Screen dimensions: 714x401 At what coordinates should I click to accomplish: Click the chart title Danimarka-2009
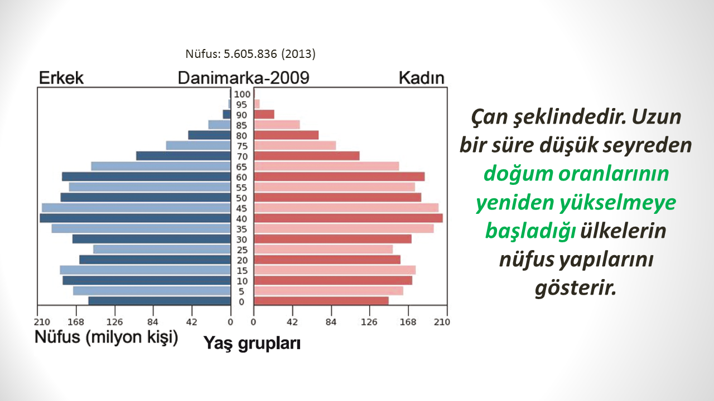click(x=244, y=77)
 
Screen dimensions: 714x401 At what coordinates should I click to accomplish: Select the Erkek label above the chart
click(x=61, y=77)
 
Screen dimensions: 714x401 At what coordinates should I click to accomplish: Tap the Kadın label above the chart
click(x=421, y=77)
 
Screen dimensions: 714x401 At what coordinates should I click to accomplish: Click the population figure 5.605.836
click(x=250, y=54)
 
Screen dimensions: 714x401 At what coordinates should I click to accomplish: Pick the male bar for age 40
click(x=135, y=218)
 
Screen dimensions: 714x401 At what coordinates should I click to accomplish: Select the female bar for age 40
click(x=348, y=218)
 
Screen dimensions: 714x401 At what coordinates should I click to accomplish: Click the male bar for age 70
click(x=184, y=156)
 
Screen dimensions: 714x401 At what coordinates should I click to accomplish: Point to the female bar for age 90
click(x=264, y=114)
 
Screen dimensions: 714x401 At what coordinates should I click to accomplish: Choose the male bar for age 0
click(x=160, y=301)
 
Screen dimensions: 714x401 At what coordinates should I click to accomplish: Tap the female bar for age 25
click(x=323, y=249)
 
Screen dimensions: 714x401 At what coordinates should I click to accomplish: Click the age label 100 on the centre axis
click(x=242, y=94)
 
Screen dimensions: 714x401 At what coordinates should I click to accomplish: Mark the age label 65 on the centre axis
click(x=242, y=167)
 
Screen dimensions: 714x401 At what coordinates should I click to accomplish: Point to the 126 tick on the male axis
click(x=114, y=322)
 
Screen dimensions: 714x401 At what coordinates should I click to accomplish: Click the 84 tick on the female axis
click(x=331, y=322)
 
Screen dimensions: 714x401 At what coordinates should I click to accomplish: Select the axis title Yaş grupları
click(x=252, y=344)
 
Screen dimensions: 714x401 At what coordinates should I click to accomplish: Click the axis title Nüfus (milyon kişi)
click(x=106, y=337)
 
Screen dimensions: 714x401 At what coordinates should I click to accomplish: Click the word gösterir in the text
click(x=575, y=288)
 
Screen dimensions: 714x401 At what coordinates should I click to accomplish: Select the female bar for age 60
click(x=339, y=177)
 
